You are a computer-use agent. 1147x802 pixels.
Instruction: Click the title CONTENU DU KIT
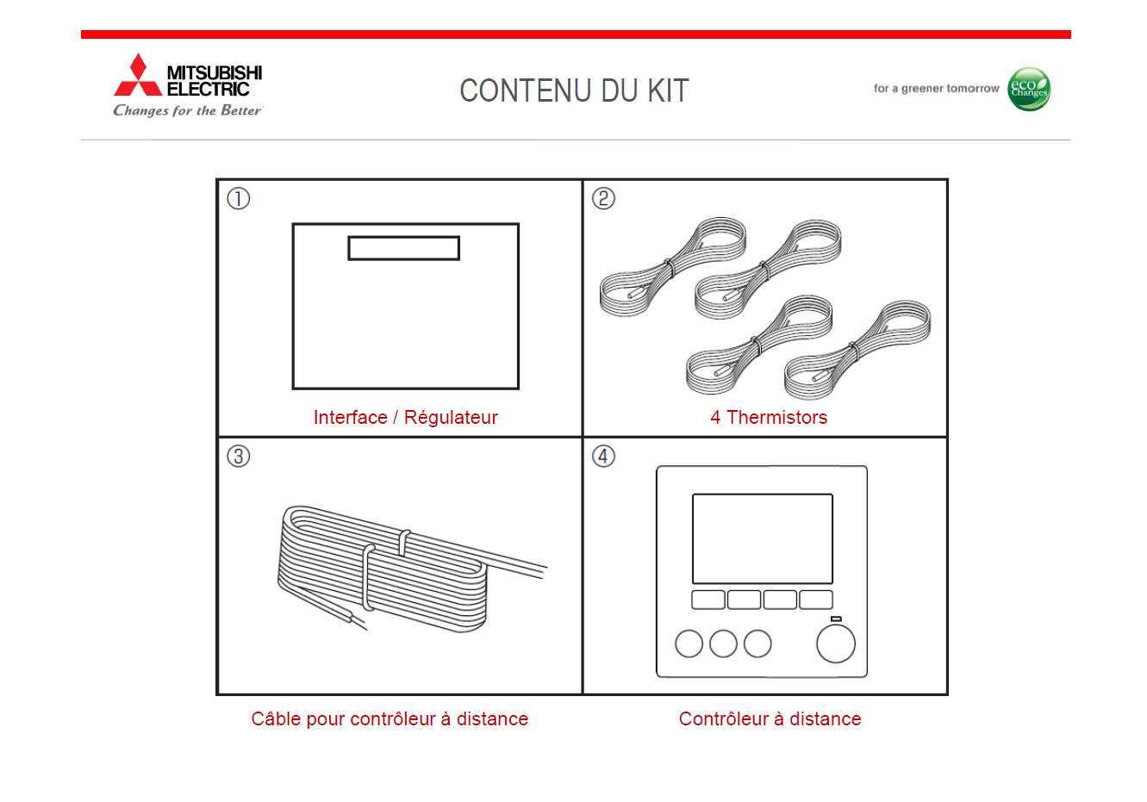(574, 90)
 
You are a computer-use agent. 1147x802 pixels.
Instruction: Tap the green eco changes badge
(1029, 89)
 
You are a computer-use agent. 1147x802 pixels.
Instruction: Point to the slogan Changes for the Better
(188, 110)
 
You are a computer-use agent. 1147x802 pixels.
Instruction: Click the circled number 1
(238, 199)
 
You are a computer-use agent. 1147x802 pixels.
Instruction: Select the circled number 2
(603, 199)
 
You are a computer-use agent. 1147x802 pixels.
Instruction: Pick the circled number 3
(238, 456)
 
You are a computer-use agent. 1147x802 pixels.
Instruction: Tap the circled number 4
(603, 456)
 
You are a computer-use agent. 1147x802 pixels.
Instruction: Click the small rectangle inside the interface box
(403, 248)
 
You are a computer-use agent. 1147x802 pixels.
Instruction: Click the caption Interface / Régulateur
(406, 417)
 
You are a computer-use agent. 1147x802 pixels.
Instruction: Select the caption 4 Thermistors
(769, 417)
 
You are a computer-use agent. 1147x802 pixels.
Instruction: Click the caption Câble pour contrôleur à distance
(390, 719)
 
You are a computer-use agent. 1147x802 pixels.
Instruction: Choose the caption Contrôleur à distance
(770, 719)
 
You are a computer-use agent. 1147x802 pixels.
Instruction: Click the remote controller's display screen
(763, 538)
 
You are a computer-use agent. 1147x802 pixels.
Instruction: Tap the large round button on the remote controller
(836, 643)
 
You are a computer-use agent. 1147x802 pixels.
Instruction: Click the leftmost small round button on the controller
(689, 643)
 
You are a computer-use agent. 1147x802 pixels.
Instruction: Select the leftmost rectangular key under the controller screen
(708, 600)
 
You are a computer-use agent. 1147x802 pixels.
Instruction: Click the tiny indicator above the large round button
(836, 619)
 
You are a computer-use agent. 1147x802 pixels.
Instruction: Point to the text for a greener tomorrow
(936, 89)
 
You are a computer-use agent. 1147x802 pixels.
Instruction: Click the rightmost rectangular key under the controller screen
(816, 600)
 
